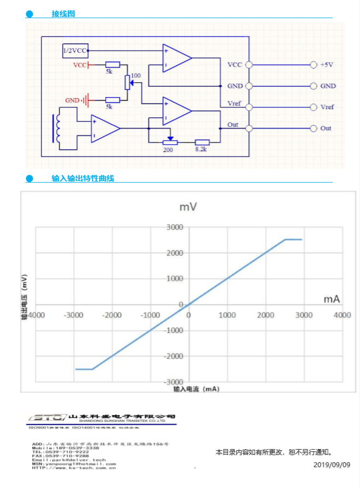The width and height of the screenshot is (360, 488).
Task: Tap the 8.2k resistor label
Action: click(x=202, y=149)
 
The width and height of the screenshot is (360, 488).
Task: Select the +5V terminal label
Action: click(x=327, y=65)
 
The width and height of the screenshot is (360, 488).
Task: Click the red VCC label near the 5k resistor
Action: click(x=80, y=65)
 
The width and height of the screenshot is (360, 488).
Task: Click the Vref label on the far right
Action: click(x=327, y=107)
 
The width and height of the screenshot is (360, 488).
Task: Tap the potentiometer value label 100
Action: click(x=136, y=75)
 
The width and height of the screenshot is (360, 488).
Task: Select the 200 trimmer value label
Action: click(x=168, y=149)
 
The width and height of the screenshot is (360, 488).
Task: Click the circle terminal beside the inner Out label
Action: click(x=249, y=128)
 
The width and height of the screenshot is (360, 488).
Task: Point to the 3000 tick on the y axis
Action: click(x=175, y=227)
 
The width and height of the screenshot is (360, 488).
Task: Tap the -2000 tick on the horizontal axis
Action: click(x=112, y=315)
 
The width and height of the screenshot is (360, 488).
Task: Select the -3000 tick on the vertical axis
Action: click(x=174, y=381)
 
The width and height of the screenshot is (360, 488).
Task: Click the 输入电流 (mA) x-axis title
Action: click(x=196, y=389)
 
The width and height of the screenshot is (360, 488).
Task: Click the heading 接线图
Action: click(x=63, y=14)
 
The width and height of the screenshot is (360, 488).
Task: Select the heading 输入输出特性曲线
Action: click(x=83, y=178)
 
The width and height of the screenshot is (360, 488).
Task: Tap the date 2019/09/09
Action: click(x=332, y=465)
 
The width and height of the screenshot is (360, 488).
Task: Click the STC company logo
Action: click(x=46, y=418)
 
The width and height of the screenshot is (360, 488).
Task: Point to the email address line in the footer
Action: click(x=70, y=459)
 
